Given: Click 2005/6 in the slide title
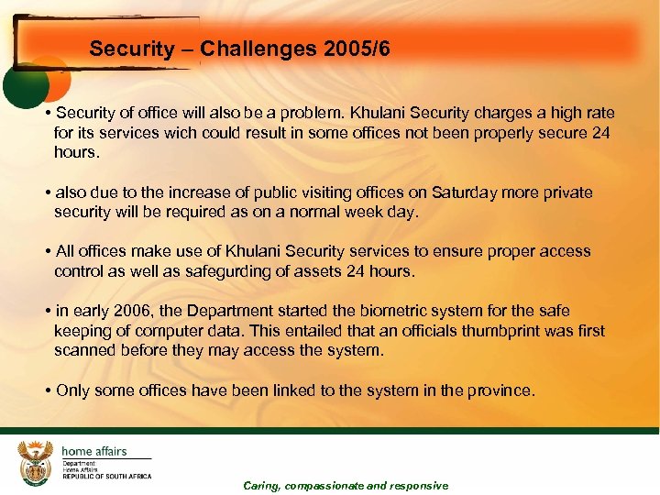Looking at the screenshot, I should (x=357, y=49).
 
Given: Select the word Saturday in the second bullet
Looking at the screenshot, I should (x=457, y=192).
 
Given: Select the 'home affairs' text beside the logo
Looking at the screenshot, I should (x=94, y=451).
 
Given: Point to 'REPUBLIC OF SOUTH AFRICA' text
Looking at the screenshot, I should (x=106, y=477).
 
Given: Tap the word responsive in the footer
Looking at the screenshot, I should (x=419, y=486).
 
